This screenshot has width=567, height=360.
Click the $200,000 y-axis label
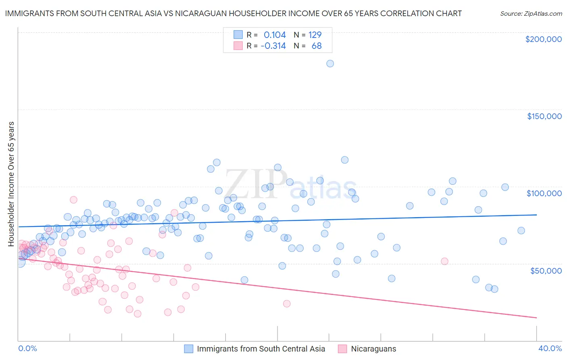pyautogui.click(x=543, y=39)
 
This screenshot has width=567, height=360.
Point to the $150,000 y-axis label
pyautogui.click(x=544, y=116)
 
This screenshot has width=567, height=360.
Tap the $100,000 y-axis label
pyautogui.click(x=544, y=193)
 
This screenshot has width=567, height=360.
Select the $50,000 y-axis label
pyautogui.click(x=546, y=270)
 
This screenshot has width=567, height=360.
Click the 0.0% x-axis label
pyautogui.click(x=27, y=348)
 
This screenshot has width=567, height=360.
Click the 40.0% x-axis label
pyautogui.click(x=550, y=348)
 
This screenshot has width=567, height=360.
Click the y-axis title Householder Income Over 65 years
pyautogui.click(x=11, y=184)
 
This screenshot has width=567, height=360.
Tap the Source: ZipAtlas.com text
pyautogui.click(x=531, y=14)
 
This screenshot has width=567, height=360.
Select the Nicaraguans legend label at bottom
pyautogui.click(x=373, y=349)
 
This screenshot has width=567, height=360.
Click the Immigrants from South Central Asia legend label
pyautogui.click(x=261, y=349)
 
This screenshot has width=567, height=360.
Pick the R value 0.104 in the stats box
pyautogui.click(x=275, y=35)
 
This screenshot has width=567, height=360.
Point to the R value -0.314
pyautogui.click(x=273, y=46)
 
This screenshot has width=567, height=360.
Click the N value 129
pyautogui.click(x=315, y=35)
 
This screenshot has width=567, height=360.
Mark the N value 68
pyautogui.click(x=317, y=46)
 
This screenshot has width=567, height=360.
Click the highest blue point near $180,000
pyautogui.click(x=330, y=63)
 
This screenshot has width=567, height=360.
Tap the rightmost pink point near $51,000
pyautogui.click(x=444, y=261)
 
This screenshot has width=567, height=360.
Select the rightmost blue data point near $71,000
pyautogui.click(x=521, y=230)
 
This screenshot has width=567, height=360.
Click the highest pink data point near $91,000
pyautogui.click(x=73, y=199)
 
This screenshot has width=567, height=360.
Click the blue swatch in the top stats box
pyautogui.click(x=238, y=35)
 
